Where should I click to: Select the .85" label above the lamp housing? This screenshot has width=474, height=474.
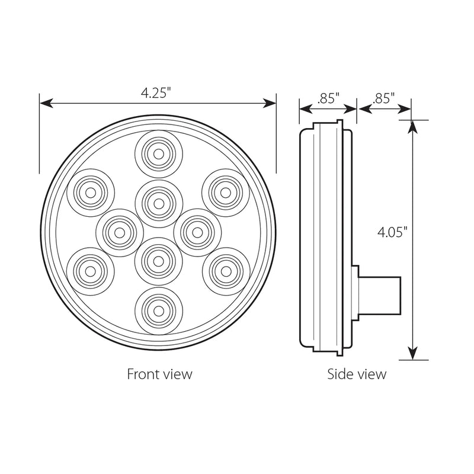click(328, 98)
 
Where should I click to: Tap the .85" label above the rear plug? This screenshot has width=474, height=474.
click(385, 98)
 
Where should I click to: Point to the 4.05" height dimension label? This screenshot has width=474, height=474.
click(392, 232)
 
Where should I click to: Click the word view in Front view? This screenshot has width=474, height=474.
click(178, 374)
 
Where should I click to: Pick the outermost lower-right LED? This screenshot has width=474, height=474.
click(226, 271)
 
